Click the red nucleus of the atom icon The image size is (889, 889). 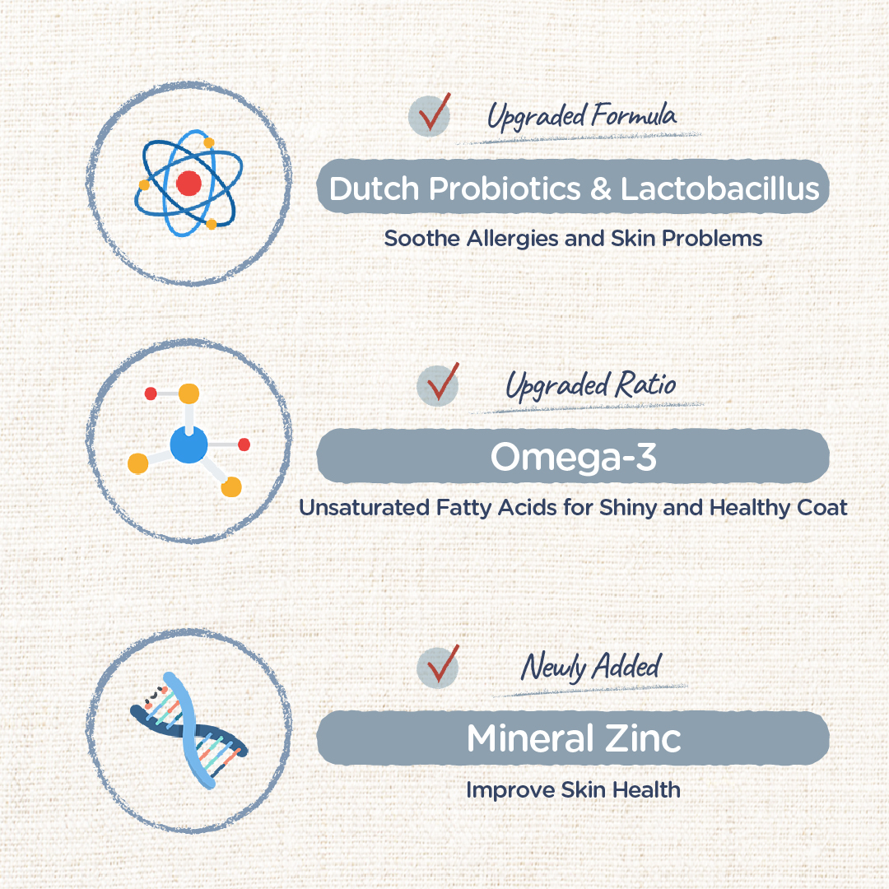pos(189,183)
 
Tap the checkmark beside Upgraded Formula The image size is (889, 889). pos(435,112)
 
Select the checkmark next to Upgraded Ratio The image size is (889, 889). pos(443,382)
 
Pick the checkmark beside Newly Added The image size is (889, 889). pos(443,664)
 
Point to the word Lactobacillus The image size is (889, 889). pos(719,189)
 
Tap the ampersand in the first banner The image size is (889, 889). pos(600,189)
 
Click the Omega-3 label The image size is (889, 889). pos(573,457)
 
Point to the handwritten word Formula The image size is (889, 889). pos(633,115)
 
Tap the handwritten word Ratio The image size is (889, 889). pos(645,384)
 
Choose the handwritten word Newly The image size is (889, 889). pos(553,668)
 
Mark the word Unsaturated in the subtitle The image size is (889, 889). pos(364,507)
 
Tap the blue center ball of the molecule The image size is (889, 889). pos(189,445)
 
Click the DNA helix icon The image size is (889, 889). pos(189,730)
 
